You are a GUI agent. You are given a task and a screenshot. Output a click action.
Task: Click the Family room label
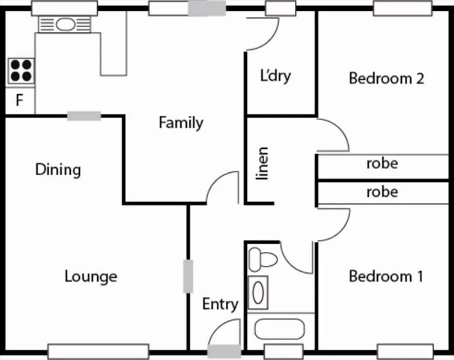point(181,123)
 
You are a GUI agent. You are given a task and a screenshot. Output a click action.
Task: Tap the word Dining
point(58,170)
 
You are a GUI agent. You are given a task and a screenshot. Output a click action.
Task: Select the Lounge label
point(91,277)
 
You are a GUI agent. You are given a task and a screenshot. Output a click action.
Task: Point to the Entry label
point(220,304)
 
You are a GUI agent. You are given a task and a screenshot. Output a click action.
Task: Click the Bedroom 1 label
point(386,277)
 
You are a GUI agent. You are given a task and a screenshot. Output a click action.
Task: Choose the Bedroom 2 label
point(387,79)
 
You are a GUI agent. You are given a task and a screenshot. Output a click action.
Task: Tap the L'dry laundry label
point(275,76)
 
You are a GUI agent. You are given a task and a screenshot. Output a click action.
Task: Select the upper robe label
point(382,163)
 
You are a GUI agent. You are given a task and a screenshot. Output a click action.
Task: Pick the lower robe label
point(382,192)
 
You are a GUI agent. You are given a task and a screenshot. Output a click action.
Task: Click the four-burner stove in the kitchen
point(20,70)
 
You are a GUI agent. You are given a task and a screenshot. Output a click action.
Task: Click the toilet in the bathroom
point(262,259)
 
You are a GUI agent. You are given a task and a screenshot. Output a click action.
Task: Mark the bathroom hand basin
point(258,292)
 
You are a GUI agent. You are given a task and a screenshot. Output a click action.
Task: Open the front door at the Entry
point(225,336)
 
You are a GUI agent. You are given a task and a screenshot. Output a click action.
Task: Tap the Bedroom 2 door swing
point(333,135)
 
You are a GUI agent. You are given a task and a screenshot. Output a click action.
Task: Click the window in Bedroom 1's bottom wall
point(401,350)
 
